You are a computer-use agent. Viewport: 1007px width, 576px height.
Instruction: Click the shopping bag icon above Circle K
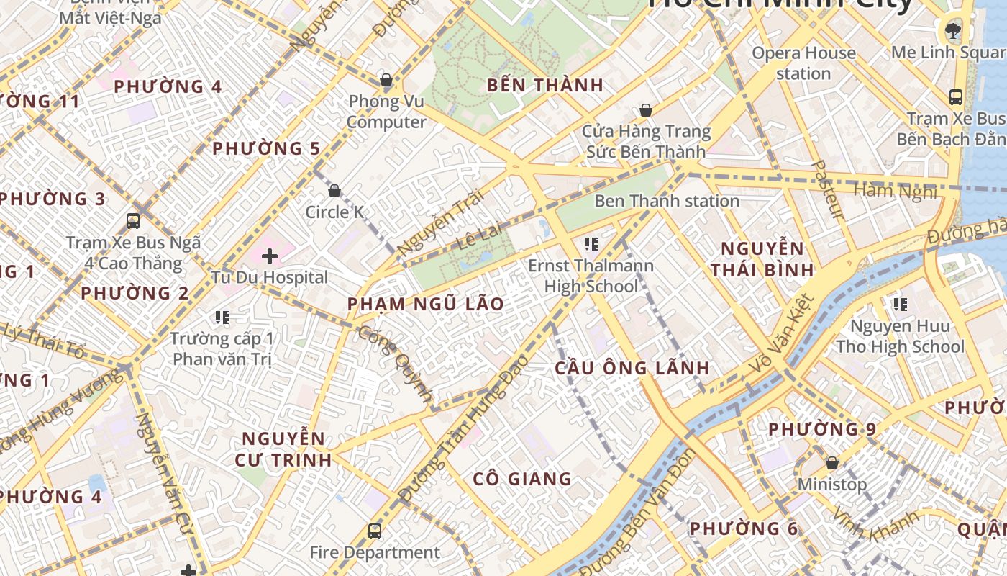coord(334,191)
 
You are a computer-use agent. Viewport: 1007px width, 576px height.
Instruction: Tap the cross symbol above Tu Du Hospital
coord(270,256)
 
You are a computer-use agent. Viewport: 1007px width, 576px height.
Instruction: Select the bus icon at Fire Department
coord(374,531)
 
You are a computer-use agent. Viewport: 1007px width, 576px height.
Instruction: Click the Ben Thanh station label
coord(666,201)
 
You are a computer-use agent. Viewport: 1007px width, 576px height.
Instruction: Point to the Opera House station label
coord(803,63)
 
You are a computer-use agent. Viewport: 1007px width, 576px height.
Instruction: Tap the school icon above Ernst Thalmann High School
coord(591,244)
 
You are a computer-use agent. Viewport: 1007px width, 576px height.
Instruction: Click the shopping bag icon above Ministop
coord(832,463)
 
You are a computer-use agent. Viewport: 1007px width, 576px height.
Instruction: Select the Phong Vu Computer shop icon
coord(386,80)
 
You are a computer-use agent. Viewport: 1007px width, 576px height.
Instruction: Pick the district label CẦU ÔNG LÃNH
coord(632,368)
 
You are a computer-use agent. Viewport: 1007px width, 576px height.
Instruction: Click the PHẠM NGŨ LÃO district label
coord(426,304)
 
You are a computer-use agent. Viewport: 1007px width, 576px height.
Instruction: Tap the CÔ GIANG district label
coord(522,479)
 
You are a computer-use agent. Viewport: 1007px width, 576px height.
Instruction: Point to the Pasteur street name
coord(827,189)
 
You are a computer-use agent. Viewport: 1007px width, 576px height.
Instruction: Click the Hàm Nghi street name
coord(895,191)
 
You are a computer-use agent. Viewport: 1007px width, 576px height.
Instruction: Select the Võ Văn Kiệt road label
coord(781,334)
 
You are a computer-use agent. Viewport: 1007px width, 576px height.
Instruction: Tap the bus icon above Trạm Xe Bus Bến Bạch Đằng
coord(956,97)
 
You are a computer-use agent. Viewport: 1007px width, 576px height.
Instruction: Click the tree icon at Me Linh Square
coord(953,30)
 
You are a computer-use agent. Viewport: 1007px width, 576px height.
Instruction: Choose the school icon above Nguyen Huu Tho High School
coord(900,305)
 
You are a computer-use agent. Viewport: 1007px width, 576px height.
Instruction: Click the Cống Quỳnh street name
coord(396,364)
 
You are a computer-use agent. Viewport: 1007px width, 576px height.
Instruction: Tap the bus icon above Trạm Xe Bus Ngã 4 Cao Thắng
coord(133,220)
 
